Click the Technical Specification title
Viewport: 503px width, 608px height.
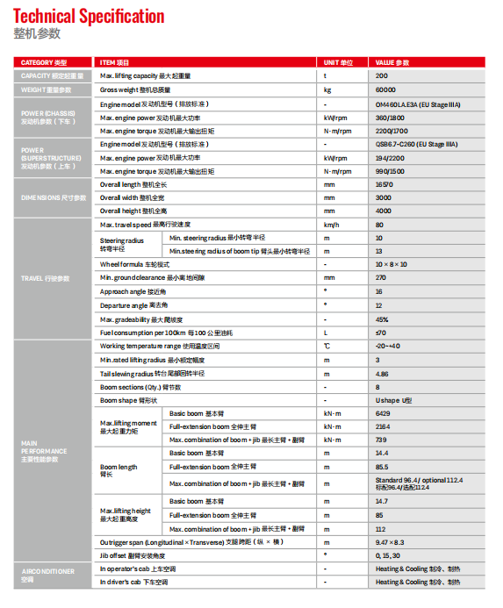pyautogui.click(x=89, y=16)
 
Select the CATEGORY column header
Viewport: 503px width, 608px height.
pyautogui.click(x=43, y=63)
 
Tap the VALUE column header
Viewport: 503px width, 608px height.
pyautogui.click(x=392, y=63)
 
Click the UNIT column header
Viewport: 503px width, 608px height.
pyautogui.click(x=338, y=63)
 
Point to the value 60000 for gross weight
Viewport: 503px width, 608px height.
pyautogui.click(x=385, y=89)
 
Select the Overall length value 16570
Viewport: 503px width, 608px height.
pyautogui.click(x=384, y=184)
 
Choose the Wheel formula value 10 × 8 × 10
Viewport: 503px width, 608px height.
pyautogui.click(x=392, y=264)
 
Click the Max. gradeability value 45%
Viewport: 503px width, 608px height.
pyautogui.click(x=381, y=319)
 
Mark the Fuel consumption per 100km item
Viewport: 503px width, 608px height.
pyautogui.click(x=154, y=333)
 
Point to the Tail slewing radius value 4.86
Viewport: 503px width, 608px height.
pyautogui.click(x=382, y=373)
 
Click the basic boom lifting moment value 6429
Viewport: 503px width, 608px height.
pyautogui.click(x=383, y=412)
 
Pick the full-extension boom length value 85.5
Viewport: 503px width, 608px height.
pyautogui.click(x=382, y=467)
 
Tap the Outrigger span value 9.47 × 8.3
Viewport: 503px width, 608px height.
pyautogui.click(x=390, y=542)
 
